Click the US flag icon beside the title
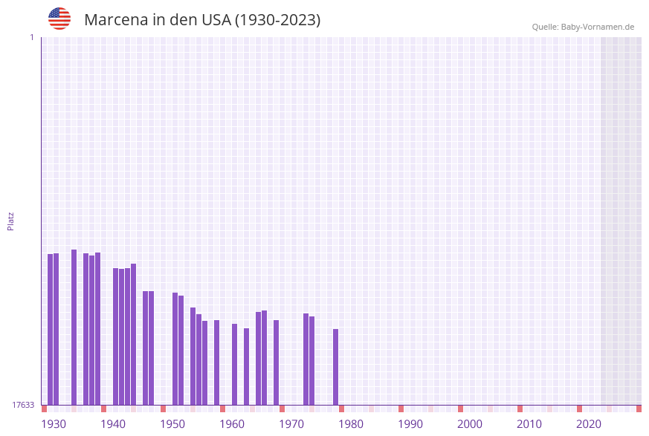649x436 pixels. [x=59, y=19]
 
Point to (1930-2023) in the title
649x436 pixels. [x=277, y=20]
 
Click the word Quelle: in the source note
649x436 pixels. [x=545, y=27]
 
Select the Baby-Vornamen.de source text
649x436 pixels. [x=598, y=27]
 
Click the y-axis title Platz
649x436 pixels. [x=11, y=221]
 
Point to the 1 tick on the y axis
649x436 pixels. [x=31, y=37]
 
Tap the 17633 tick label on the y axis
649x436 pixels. [x=23, y=405]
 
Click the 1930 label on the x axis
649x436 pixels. [x=54, y=424]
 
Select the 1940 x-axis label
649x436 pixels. [x=113, y=424]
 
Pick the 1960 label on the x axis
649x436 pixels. [x=232, y=424]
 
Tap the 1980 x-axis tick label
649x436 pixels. [x=351, y=424]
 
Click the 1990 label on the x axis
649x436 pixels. [x=410, y=424]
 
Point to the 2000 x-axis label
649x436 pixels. [x=470, y=424]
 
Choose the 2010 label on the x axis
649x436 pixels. [x=529, y=424]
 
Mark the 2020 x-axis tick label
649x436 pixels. [x=589, y=424]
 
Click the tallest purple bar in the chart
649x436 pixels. [x=74, y=327]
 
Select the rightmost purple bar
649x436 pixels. [x=335, y=367]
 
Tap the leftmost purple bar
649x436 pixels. [x=50, y=329]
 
